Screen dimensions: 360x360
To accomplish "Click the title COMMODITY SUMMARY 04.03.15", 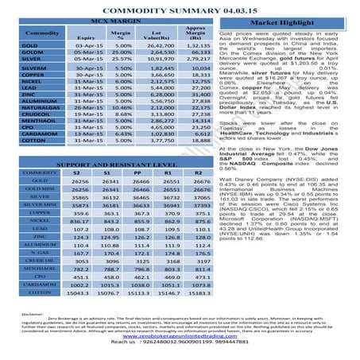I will tap(180, 9).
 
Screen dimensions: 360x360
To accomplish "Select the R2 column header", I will tap(191, 172).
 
